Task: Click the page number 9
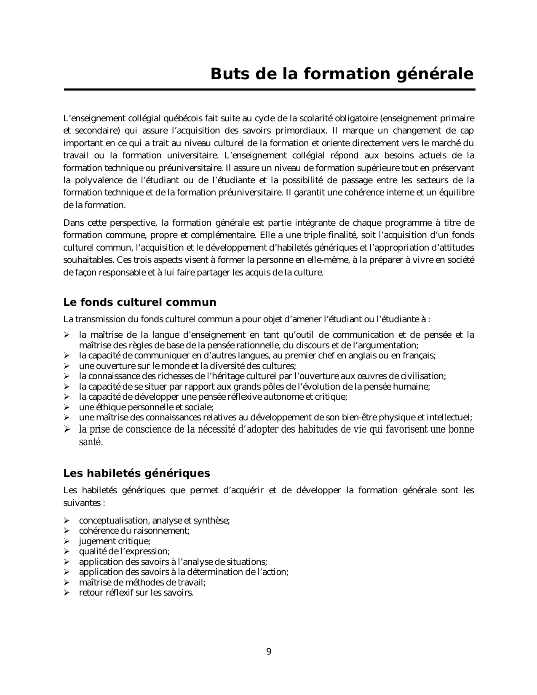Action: point(269,652)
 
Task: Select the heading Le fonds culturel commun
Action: point(139,302)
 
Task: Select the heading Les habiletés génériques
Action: point(136,473)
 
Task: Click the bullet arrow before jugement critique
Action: point(66,541)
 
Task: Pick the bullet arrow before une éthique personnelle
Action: point(66,407)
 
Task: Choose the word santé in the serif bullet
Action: point(90,442)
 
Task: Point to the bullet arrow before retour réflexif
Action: point(66,593)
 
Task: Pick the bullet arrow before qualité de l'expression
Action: point(66,551)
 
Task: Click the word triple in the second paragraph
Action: point(319,235)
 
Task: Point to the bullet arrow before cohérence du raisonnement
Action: point(66,531)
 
